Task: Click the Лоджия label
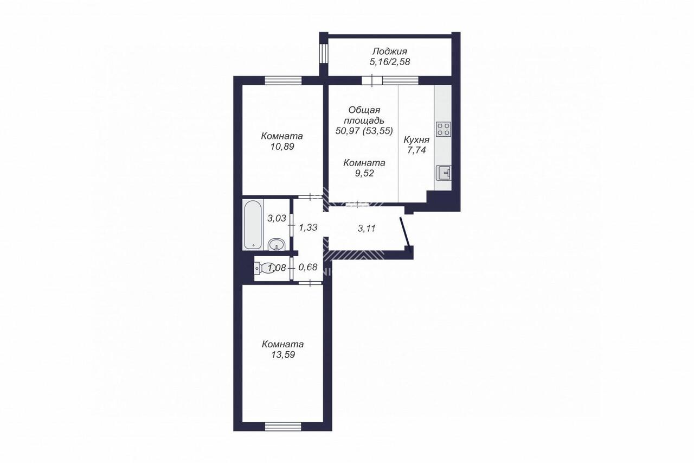pyautogui.click(x=389, y=51)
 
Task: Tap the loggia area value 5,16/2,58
pyautogui.click(x=390, y=62)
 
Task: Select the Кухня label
pyautogui.click(x=416, y=139)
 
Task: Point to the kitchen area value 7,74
pyautogui.click(x=416, y=150)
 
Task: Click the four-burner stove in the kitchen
pyautogui.click(x=443, y=129)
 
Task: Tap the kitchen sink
pyautogui.click(x=444, y=173)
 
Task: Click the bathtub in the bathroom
pyautogui.click(x=253, y=225)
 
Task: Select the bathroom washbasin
pyautogui.click(x=275, y=244)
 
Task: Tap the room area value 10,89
pyautogui.click(x=282, y=147)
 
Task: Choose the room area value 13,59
pyautogui.click(x=283, y=354)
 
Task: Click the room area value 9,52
pyautogui.click(x=364, y=173)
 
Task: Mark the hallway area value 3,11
pyautogui.click(x=367, y=229)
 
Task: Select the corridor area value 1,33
pyautogui.click(x=308, y=227)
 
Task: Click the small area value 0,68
pyautogui.click(x=307, y=267)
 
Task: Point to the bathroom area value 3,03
pyautogui.click(x=277, y=218)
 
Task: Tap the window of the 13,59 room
pyautogui.click(x=283, y=427)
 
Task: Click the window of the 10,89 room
pyautogui.click(x=283, y=80)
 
